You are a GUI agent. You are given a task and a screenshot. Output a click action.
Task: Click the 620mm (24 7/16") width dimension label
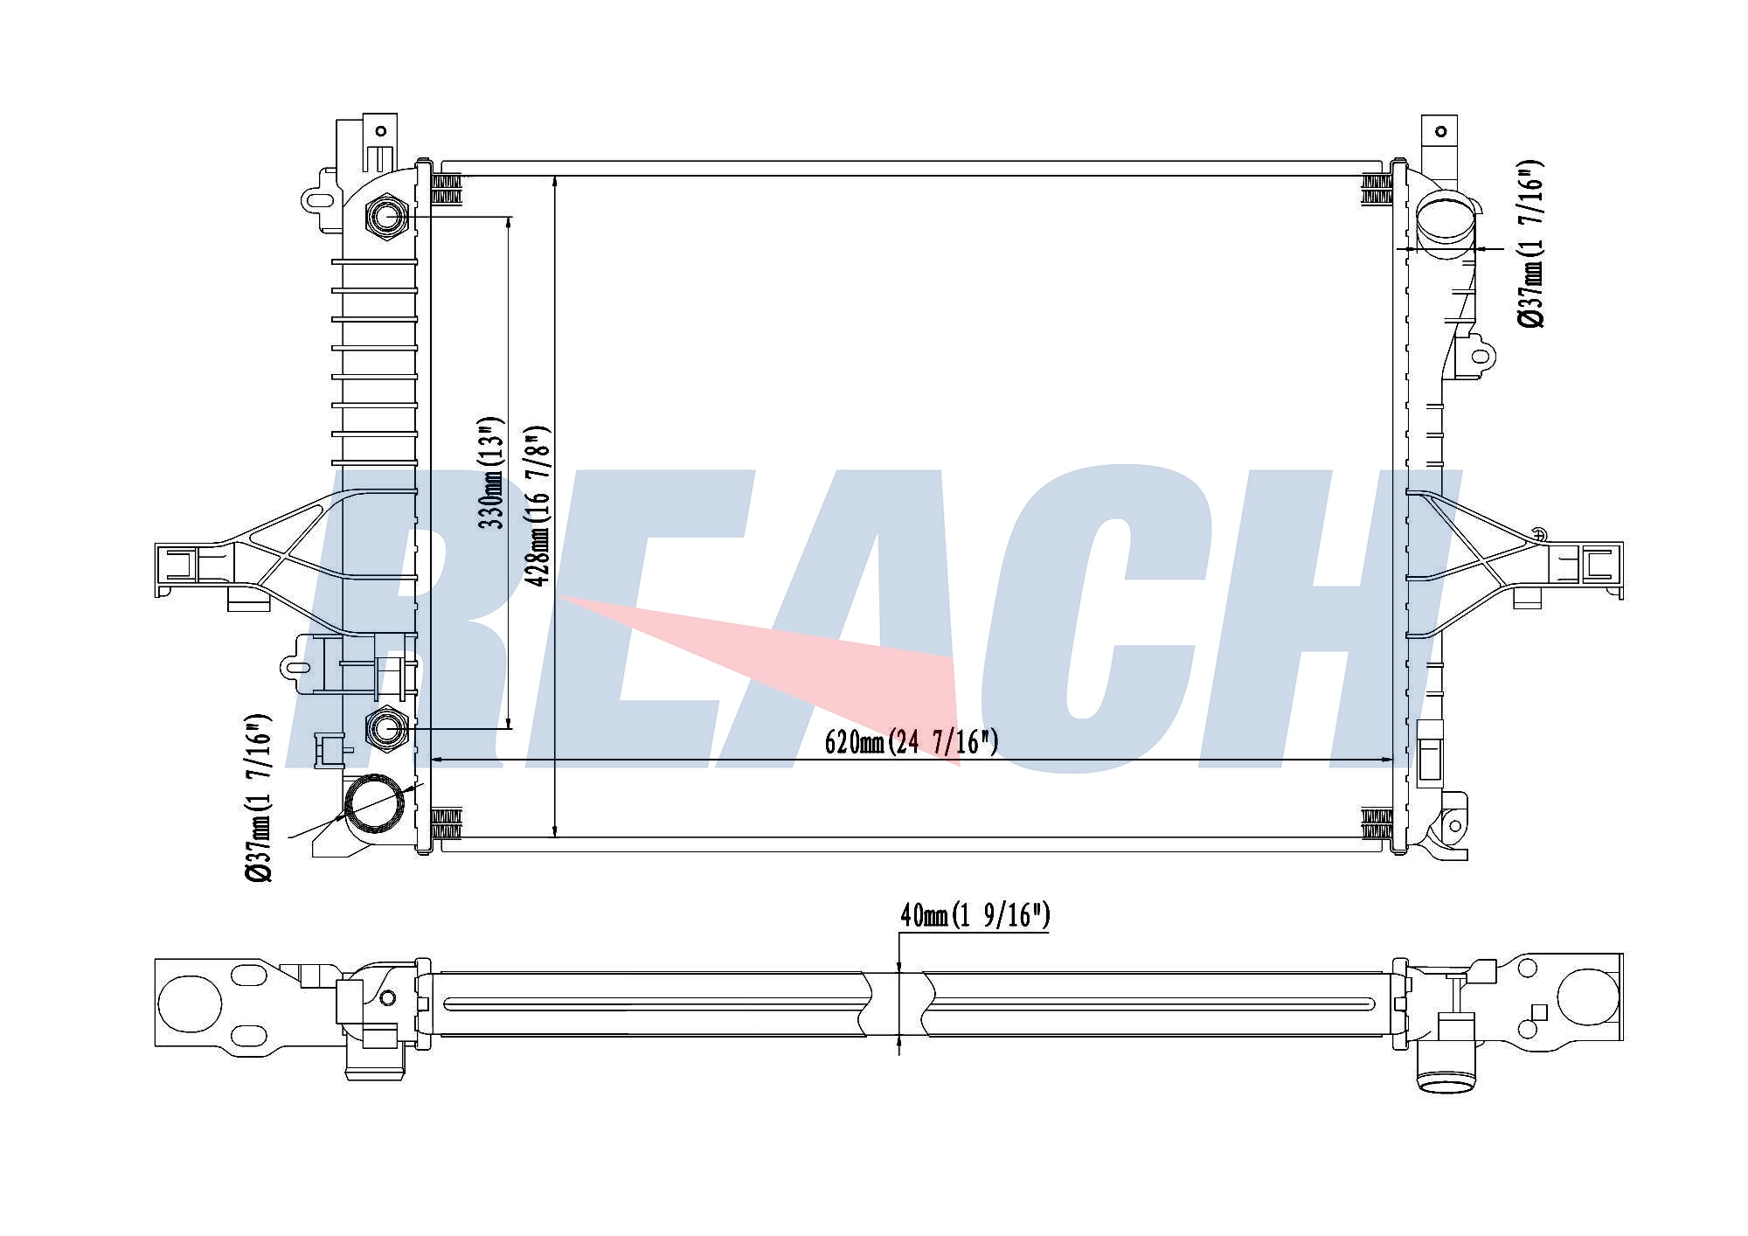[x=911, y=743]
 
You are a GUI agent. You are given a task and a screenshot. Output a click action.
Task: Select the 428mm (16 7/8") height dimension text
[x=538, y=506]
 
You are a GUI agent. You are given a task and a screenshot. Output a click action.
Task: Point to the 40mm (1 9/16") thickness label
[x=975, y=916]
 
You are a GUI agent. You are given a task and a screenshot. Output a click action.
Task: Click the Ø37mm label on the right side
[x=1530, y=244]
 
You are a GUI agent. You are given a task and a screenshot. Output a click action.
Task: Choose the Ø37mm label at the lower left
[x=260, y=799]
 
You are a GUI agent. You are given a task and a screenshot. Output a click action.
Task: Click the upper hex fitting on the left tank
[x=385, y=215]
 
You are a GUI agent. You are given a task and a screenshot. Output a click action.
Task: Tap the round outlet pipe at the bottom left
[x=377, y=803]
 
